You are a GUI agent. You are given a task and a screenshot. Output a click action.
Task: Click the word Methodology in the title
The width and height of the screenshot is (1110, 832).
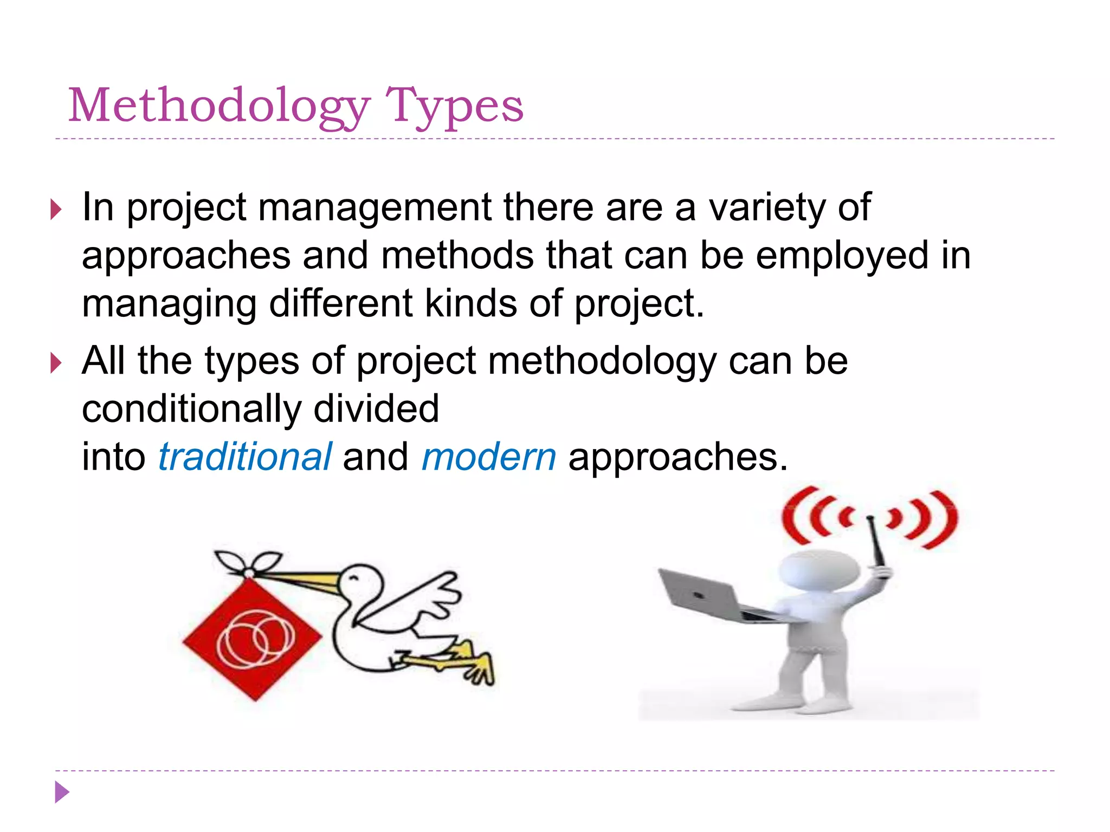click(219, 106)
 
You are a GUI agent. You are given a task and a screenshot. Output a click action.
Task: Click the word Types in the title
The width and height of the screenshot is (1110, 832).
click(454, 106)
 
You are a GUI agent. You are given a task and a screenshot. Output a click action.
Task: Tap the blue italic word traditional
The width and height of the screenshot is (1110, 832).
click(245, 457)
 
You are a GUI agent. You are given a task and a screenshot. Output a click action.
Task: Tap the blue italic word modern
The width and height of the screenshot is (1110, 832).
click(489, 457)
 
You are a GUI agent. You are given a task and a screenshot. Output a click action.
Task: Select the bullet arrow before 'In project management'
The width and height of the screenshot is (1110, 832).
click(56, 209)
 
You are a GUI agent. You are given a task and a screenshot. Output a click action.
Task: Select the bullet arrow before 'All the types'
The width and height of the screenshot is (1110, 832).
click(56, 362)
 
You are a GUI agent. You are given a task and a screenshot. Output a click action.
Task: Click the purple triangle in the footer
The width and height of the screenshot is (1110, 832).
click(62, 792)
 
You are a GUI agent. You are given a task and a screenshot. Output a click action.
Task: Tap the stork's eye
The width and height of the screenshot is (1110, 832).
click(355, 578)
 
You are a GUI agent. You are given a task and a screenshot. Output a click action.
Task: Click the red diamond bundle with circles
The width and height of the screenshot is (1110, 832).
click(253, 639)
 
